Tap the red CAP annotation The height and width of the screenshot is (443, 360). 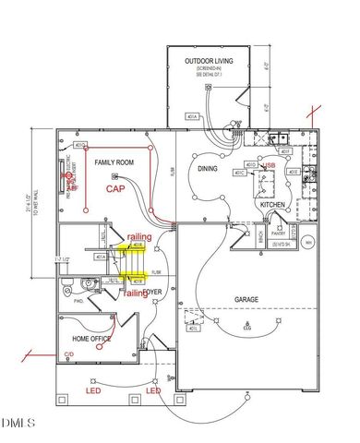114,187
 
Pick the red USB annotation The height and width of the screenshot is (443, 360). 270,165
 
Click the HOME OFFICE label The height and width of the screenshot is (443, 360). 93,339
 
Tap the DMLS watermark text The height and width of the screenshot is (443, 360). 18,424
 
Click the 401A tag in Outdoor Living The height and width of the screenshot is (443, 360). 192,117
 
